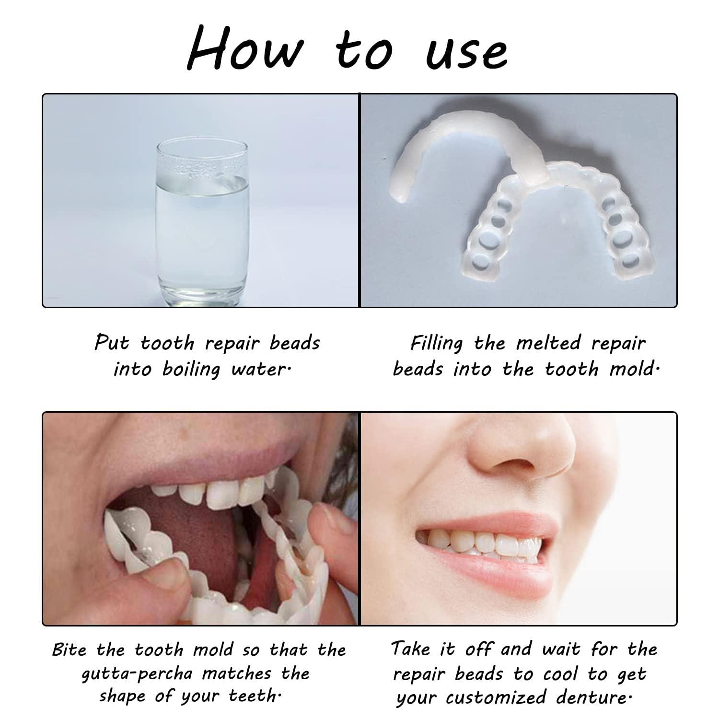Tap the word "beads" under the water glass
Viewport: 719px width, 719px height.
pyautogui.click(x=295, y=343)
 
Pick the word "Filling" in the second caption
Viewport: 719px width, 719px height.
pyautogui.click(x=436, y=344)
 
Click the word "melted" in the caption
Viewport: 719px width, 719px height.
pyautogui.click(x=548, y=343)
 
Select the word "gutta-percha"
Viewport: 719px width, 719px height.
pyautogui.click(x=138, y=674)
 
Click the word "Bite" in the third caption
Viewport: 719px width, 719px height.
pyautogui.click(x=70, y=650)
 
